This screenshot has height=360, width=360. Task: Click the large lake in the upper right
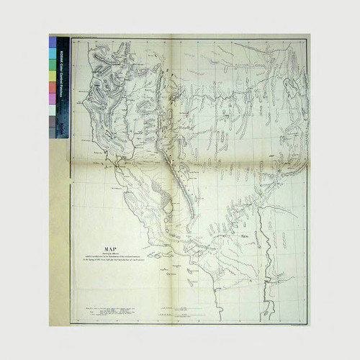(x=292, y=87)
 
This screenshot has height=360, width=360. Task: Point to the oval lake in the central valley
(x=167, y=207)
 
